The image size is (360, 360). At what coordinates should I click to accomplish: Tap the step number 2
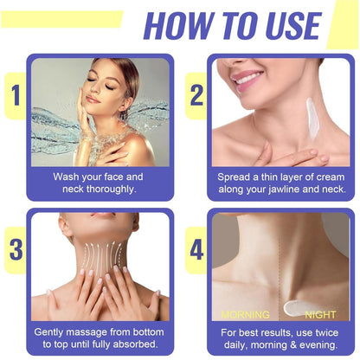pos(197,95)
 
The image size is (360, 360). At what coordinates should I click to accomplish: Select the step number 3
pos(15,249)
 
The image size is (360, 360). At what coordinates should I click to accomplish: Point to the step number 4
pos(197,249)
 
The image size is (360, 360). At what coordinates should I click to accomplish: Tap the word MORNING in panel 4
pos(245,314)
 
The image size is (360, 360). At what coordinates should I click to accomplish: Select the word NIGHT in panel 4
pos(320,314)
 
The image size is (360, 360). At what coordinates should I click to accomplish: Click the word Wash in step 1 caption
pos(67,177)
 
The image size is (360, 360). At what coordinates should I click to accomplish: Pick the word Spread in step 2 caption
pos(237,177)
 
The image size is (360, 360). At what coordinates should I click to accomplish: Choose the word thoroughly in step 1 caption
pos(107,190)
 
